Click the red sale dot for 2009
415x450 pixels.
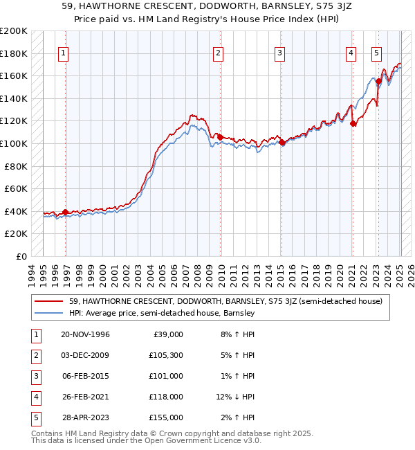(x=220, y=137)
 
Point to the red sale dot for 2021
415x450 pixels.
(x=353, y=123)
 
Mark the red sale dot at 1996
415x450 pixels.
(x=66, y=212)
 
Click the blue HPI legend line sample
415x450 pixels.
(x=50, y=313)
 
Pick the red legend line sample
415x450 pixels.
(x=50, y=301)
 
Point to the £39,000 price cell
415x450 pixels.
(x=167, y=334)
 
